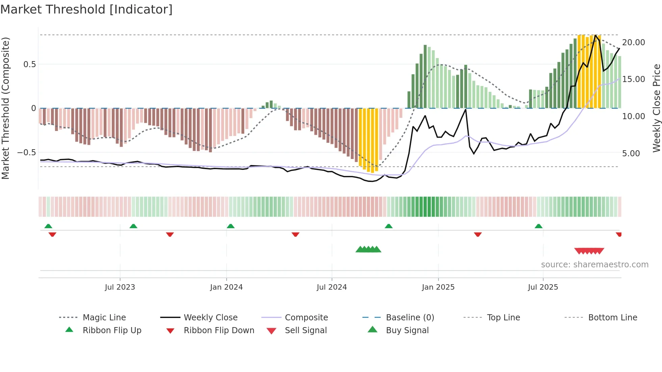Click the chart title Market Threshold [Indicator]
tap(86, 9)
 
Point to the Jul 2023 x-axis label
tap(120, 287)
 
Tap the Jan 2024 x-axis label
tap(226, 287)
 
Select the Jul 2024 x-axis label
tap(332, 287)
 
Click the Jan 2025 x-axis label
tap(438, 287)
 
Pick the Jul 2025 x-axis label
tap(543, 287)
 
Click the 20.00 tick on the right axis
tap(633, 43)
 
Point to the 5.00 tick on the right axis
tap(631, 154)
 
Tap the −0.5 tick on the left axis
tap(26, 153)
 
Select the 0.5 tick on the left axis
tap(29, 64)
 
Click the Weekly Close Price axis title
tap(656, 108)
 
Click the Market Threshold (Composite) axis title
tap(5, 108)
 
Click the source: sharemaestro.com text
tap(594, 265)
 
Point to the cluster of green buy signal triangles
tap(368, 249)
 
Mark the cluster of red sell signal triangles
tap(589, 251)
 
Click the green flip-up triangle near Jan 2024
tap(231, 226)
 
